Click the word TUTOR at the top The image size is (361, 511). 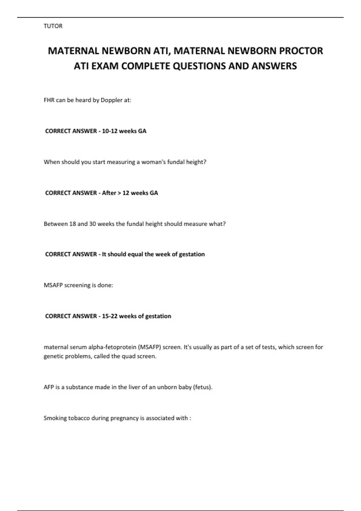click(x=53, y=26)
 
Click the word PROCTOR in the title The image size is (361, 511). click(x=301, y=51)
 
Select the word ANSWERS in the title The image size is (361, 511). click(x=274, y=66)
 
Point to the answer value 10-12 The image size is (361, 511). click(x=110, y=131)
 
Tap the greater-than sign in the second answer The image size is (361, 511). click(x=119, y=193)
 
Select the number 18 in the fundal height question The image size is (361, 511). click(x=73, y=224)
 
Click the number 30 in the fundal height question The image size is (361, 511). click(x=92, y=224)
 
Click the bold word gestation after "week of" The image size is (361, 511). click(x=192, y=254)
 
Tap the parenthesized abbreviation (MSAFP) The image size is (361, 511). click(x=150, y=347)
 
